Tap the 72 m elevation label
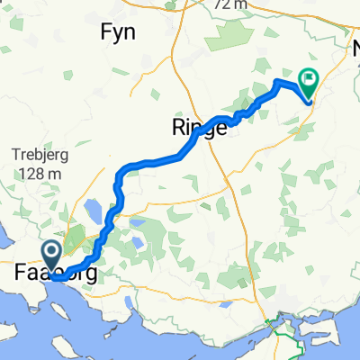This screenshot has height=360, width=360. pyautogui.click(x=231, y=4)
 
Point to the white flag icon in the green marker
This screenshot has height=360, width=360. pyautogui.click(x=310, y=80)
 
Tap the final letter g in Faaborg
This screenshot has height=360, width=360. pyautogui.click(x=88, y=271)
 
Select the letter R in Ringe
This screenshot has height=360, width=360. pyautogui.click(x=176, y=128)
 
